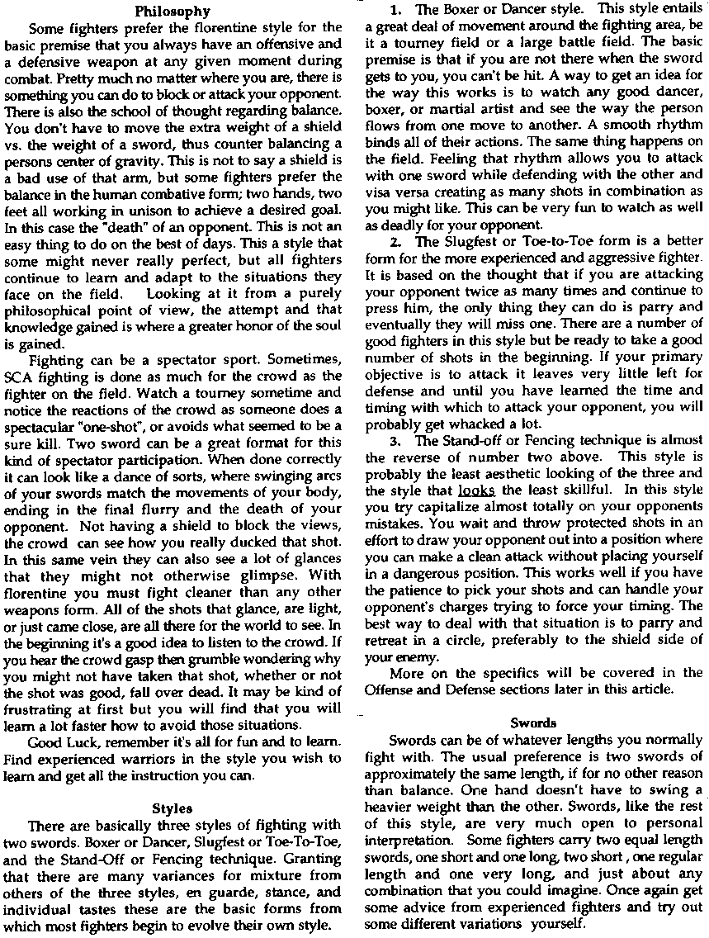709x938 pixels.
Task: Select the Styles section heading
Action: coord(173,808)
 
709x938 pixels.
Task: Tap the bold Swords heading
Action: coord(533,722)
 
